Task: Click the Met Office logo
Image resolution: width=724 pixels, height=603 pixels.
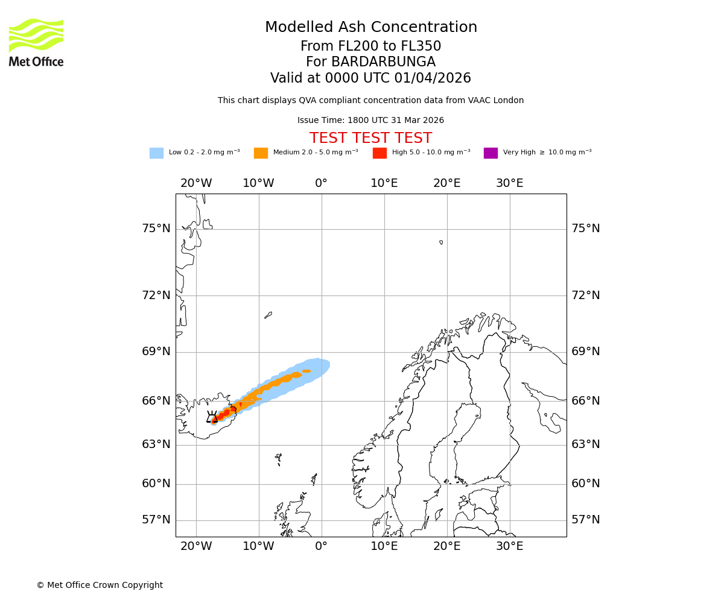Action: tap(36, 42)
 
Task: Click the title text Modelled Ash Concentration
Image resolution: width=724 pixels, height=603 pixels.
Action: tap(371, 28)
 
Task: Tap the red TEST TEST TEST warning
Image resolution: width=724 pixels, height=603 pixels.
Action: tap(370, 138)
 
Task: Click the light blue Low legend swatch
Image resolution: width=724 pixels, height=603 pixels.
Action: tap(156, 153)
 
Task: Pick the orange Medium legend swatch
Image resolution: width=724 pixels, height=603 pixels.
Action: tap(261, 153)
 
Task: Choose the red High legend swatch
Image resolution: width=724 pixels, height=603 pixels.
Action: tap(379, 153)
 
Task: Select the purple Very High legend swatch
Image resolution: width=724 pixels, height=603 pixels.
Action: tap(491, 153)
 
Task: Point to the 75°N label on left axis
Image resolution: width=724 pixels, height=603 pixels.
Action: tap(156, 229)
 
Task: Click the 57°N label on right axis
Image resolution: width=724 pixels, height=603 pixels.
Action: tap(586, 520)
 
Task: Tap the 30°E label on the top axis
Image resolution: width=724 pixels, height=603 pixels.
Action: tap(509, 183)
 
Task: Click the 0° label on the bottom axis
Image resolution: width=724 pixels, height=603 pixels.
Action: tap(321, 546)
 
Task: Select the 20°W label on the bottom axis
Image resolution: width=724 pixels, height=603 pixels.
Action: tap(196, 546)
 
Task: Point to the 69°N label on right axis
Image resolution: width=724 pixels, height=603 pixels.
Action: tap(586, 352)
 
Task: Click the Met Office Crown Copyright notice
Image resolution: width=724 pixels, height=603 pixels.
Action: tap(100, 585)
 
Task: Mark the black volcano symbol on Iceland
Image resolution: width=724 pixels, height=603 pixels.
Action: tap(212, 417)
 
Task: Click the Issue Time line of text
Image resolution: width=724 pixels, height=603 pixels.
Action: tap(370, 121)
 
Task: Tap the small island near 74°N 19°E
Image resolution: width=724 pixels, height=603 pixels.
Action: tap(441, 242)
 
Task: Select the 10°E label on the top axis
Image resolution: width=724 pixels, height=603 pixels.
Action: tap(384, 183)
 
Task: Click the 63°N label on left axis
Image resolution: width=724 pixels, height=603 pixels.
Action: tap(156, 444)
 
